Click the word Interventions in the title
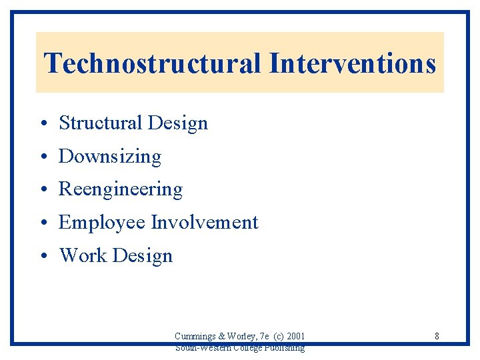[353, 64]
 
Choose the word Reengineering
[121, 190]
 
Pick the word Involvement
[205, 222]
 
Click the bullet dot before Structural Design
[42, 124]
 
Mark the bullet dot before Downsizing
[42, 157]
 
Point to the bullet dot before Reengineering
[42, 190]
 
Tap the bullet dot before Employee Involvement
[42, 223]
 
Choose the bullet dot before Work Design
[42, 256]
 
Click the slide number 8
[437, 336]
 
